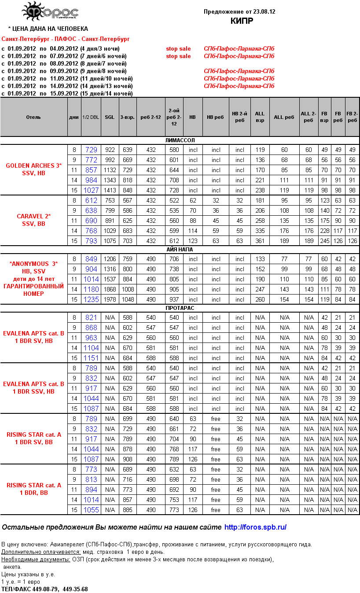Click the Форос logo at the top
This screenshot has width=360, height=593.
[50, 12]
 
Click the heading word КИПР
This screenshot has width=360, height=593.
[239, 21]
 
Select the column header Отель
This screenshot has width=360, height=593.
[33, 117]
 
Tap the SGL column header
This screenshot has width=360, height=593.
[110, 117]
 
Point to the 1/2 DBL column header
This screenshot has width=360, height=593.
[91, 117]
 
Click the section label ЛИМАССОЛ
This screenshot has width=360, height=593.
[180, 140]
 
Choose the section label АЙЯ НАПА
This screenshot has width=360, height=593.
[180, 250]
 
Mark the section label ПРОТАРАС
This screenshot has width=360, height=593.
[180, 308]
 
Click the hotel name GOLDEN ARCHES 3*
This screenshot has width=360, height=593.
[34, 166]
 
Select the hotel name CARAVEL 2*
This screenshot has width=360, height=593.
[34, 216]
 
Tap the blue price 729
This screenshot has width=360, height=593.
[91, 150]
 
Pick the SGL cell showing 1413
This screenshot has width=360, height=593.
[110, 190]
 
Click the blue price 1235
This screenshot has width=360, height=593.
[91, 299]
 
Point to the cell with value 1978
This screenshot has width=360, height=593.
[110, 299]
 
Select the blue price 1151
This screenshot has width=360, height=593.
[91, 358]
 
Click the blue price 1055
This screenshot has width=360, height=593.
[91, 510]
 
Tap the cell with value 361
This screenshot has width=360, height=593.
[260, 241]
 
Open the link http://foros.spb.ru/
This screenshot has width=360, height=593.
[255, 527]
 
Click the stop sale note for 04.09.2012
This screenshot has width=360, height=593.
[178, 48]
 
